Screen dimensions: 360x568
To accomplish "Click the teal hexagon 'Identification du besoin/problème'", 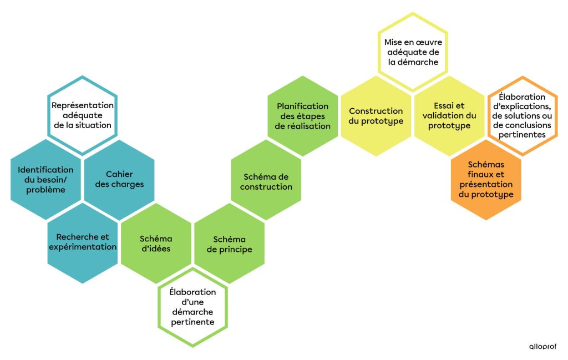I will coord(45,179).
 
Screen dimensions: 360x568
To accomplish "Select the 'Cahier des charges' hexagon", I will coord(119,179).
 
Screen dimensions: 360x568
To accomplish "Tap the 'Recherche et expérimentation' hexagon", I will coord(82,242).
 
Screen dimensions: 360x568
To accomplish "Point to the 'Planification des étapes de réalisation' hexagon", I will coord(303,116).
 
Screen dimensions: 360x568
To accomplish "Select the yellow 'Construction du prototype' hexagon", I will coord(376,116).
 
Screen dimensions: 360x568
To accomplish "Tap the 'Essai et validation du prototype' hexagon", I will coord(449,116).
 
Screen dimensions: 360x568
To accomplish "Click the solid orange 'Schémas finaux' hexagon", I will coord(486,180).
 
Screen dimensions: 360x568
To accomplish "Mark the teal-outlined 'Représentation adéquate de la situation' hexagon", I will coord(82,115).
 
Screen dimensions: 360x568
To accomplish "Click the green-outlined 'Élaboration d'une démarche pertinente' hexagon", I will coord(192,307).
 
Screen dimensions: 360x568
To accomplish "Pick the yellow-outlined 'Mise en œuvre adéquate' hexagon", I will coord(413,52).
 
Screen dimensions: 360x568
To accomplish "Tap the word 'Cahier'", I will coord(119,174).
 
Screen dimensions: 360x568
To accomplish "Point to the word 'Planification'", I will coord(303,106).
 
